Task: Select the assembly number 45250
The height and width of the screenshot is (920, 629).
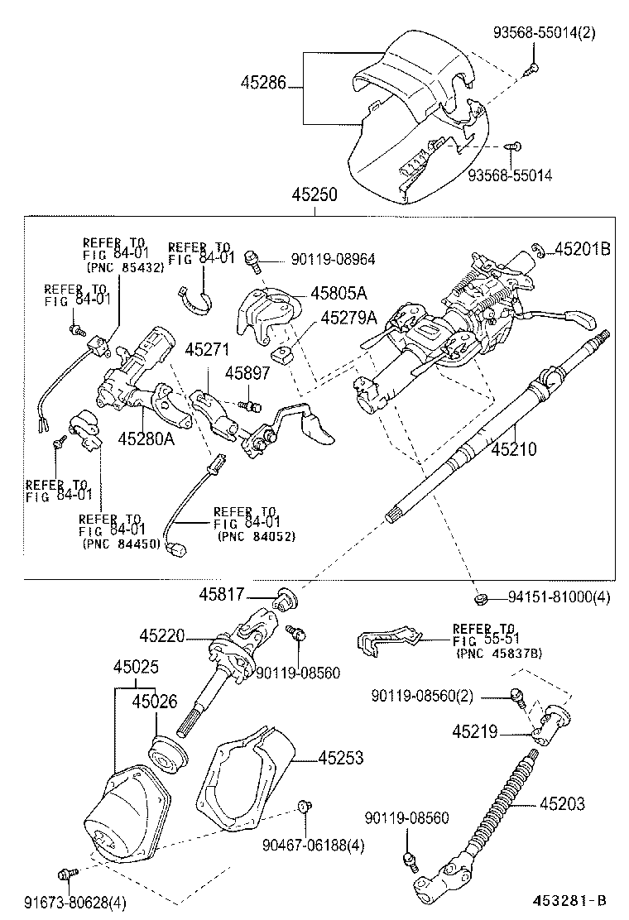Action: click(x=314, y=195)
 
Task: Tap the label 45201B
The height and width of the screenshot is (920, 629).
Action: click(x=583, y=248)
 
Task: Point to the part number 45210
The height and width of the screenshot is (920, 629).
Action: click(x=514, y=450)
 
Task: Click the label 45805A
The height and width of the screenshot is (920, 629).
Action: click(x=339, y=293)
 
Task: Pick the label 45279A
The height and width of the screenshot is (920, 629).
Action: click(x=348, y=318)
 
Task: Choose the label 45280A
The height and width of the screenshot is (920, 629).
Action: click(x=146, y=438)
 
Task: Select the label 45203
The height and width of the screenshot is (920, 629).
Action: click(x=563, y=803)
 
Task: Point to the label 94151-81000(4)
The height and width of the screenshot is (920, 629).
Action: click(x=559, y=597)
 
